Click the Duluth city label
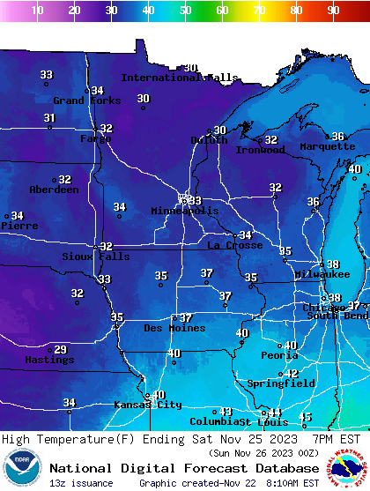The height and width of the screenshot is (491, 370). tap(209, 140)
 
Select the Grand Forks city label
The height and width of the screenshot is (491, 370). tap(81, 100)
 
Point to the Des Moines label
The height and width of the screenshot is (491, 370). tap(174, 328)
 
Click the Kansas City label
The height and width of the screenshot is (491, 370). tap(147, 405)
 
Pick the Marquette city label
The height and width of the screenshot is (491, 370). tap(327, 146)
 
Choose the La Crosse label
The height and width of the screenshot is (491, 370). tap(234, 245)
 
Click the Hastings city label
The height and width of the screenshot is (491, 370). tap(48, 360)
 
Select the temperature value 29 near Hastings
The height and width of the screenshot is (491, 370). tap(60, 350)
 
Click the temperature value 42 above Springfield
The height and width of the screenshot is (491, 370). tap(292, 374)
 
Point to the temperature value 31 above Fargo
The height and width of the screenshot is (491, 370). tap(49, 118)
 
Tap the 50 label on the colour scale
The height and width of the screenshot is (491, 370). tap(186, 11)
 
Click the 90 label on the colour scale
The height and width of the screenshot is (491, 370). tap(333, 11)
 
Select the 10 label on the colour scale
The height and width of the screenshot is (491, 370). tap(37, 11)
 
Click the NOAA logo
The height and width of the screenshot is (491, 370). tap(21, 468)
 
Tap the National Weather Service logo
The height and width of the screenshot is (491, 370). tap(348, 468)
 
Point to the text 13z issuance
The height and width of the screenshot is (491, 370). tap(81, 483)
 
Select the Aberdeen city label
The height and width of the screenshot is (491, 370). tap(54, 190)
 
